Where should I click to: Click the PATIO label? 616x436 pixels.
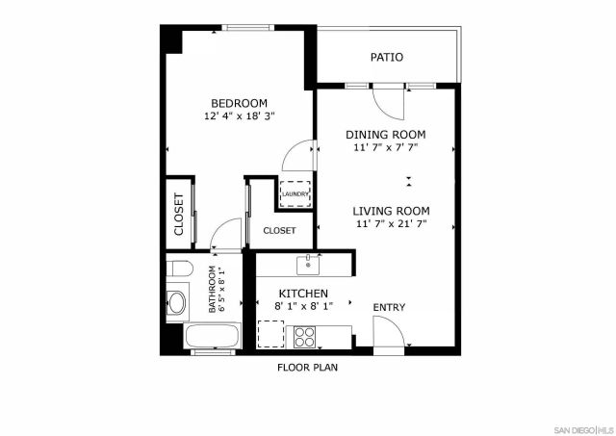point(387,58)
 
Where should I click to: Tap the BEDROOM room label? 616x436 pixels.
point(240,103)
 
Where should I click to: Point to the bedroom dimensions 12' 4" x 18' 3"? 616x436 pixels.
point(240,116)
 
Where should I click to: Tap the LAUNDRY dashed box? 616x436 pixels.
point(295,193)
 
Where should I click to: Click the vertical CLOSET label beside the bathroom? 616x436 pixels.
point(179,216)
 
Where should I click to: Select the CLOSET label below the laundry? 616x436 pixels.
point(279,231)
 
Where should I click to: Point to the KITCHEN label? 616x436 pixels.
point(304,294)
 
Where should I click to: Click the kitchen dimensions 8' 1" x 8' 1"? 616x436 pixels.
point(304,307)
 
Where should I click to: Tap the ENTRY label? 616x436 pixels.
point(389,308)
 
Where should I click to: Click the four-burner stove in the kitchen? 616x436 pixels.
point(304,337)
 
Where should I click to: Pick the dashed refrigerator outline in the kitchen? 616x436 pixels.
point(270,334)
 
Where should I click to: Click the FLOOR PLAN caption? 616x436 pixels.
point(308,368)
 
